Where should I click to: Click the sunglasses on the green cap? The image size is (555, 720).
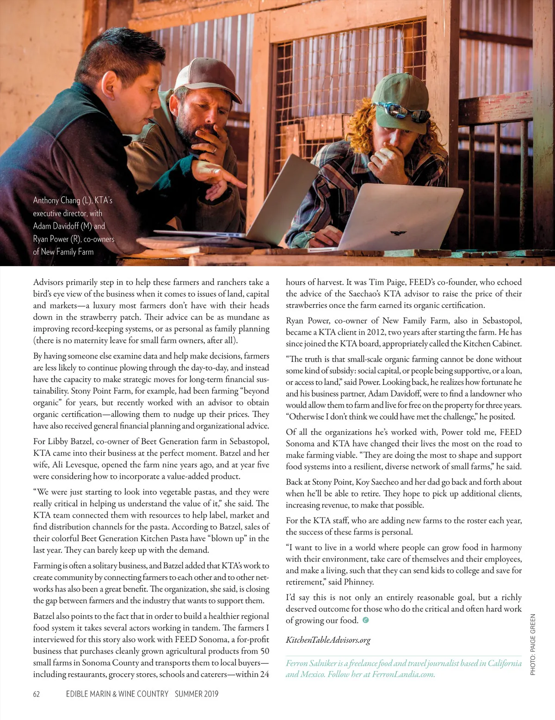(x=396, y=110)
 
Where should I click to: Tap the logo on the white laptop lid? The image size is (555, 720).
(x=397, y=233)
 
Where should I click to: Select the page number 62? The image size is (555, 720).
(x=37, y=694)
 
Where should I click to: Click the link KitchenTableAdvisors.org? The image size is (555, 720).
(x=328, y=640)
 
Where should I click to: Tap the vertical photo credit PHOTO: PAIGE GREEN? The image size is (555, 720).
(x=533, y=644)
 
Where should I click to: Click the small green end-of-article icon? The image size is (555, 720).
(x=366, y=620)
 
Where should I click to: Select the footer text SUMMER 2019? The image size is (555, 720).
(x=196, y=694)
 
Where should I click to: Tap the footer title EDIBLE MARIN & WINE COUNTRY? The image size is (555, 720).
(x=117, y=694)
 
